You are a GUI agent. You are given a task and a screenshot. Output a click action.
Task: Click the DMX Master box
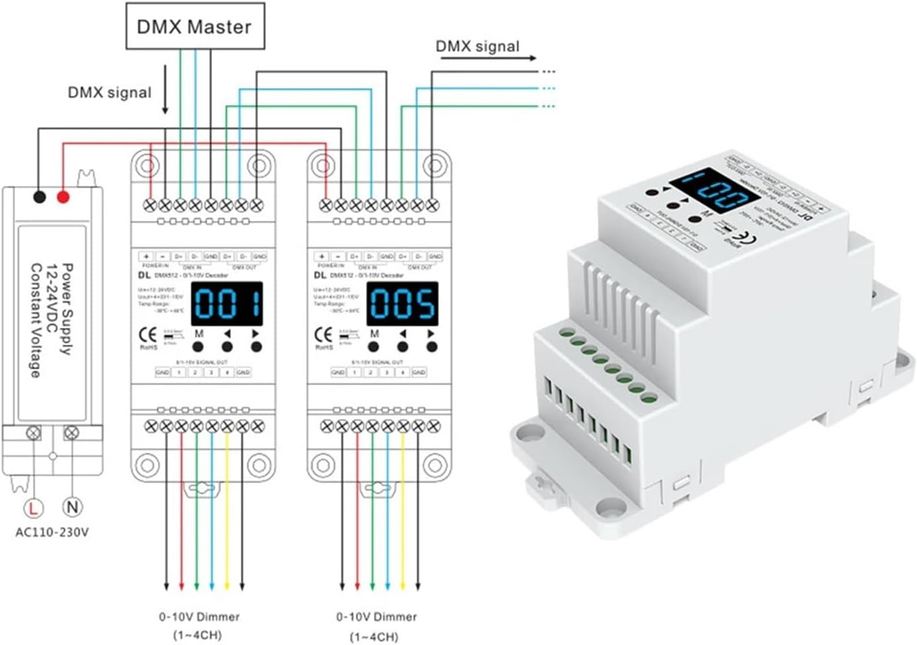coord(195,26)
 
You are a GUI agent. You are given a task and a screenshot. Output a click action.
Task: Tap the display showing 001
coord(226,304)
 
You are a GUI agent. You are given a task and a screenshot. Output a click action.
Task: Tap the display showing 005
coord(402,304)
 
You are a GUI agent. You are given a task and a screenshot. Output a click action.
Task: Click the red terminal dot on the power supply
coord(63,196)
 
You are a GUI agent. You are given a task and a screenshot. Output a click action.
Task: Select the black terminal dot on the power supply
coord(39,196)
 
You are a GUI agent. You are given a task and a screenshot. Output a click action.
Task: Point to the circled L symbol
coord(33,508)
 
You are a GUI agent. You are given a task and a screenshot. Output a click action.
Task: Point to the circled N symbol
coord(72,508)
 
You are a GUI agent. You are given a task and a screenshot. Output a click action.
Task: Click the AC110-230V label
coord(52,532)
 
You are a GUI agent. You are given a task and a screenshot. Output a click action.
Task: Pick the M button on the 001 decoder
coord(199,346)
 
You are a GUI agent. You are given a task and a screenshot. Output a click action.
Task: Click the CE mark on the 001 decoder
coord(153,334)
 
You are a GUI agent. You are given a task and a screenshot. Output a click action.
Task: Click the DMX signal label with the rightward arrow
coord(477,46)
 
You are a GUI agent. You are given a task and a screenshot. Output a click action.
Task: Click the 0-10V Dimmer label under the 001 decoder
coord(199,617)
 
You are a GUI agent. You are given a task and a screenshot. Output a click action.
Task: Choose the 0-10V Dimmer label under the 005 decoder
coord(376,617)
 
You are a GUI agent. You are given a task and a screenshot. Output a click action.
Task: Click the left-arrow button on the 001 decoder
coord(227,346)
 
